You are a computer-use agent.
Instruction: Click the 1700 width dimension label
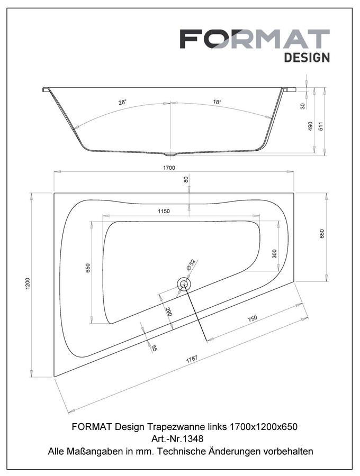pos(169,168)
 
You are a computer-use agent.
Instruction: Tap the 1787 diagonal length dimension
pos(192,359)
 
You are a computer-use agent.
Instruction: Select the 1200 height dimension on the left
pos(28,283)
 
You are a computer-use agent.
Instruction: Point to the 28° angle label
pos(122,102)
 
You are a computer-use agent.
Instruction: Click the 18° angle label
pos(217,102)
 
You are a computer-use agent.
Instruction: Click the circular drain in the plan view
pos(184,284)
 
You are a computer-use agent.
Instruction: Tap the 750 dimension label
pos(253,318)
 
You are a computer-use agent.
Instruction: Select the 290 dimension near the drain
pos(169,312)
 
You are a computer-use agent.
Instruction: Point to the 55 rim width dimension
pos(154,348)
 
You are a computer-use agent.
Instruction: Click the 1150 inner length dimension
pos(164,211)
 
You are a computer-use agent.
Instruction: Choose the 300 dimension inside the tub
pos(274,254)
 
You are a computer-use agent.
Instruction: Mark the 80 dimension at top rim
pos(186,179)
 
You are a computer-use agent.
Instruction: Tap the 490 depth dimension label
pos(310,126)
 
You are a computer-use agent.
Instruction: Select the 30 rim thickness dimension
pos(303,106)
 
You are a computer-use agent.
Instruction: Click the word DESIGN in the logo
pos(307,57)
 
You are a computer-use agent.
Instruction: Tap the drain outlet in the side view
pos(170,154)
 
